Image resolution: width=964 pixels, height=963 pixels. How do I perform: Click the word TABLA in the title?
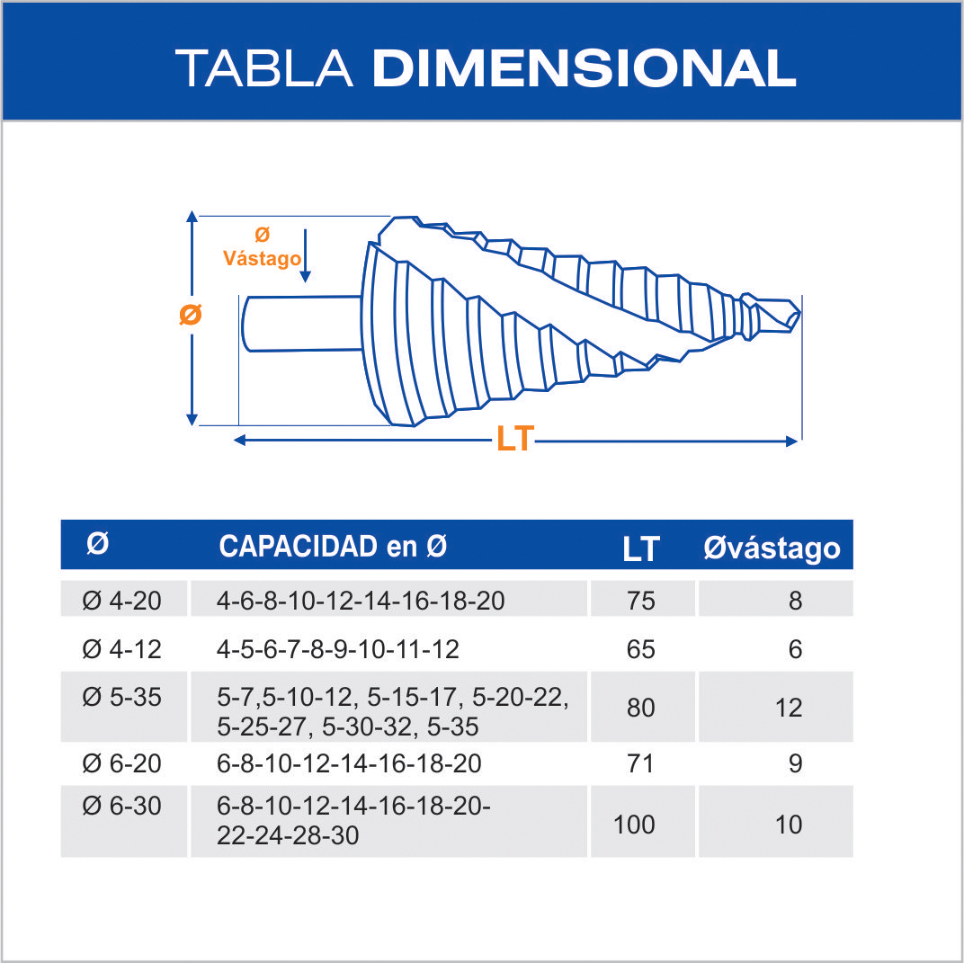[264, 68]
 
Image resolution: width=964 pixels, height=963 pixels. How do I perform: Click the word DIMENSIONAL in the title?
[584, 68]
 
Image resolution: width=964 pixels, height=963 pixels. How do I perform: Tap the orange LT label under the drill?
[515, 439]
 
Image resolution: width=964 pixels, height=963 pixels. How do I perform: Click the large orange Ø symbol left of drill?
[191, 315]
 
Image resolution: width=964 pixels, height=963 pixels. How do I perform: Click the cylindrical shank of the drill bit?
[302, 324]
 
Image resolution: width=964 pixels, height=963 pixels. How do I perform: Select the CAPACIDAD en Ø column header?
[333, 546]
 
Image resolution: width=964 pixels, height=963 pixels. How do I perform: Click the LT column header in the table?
[640, 548]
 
